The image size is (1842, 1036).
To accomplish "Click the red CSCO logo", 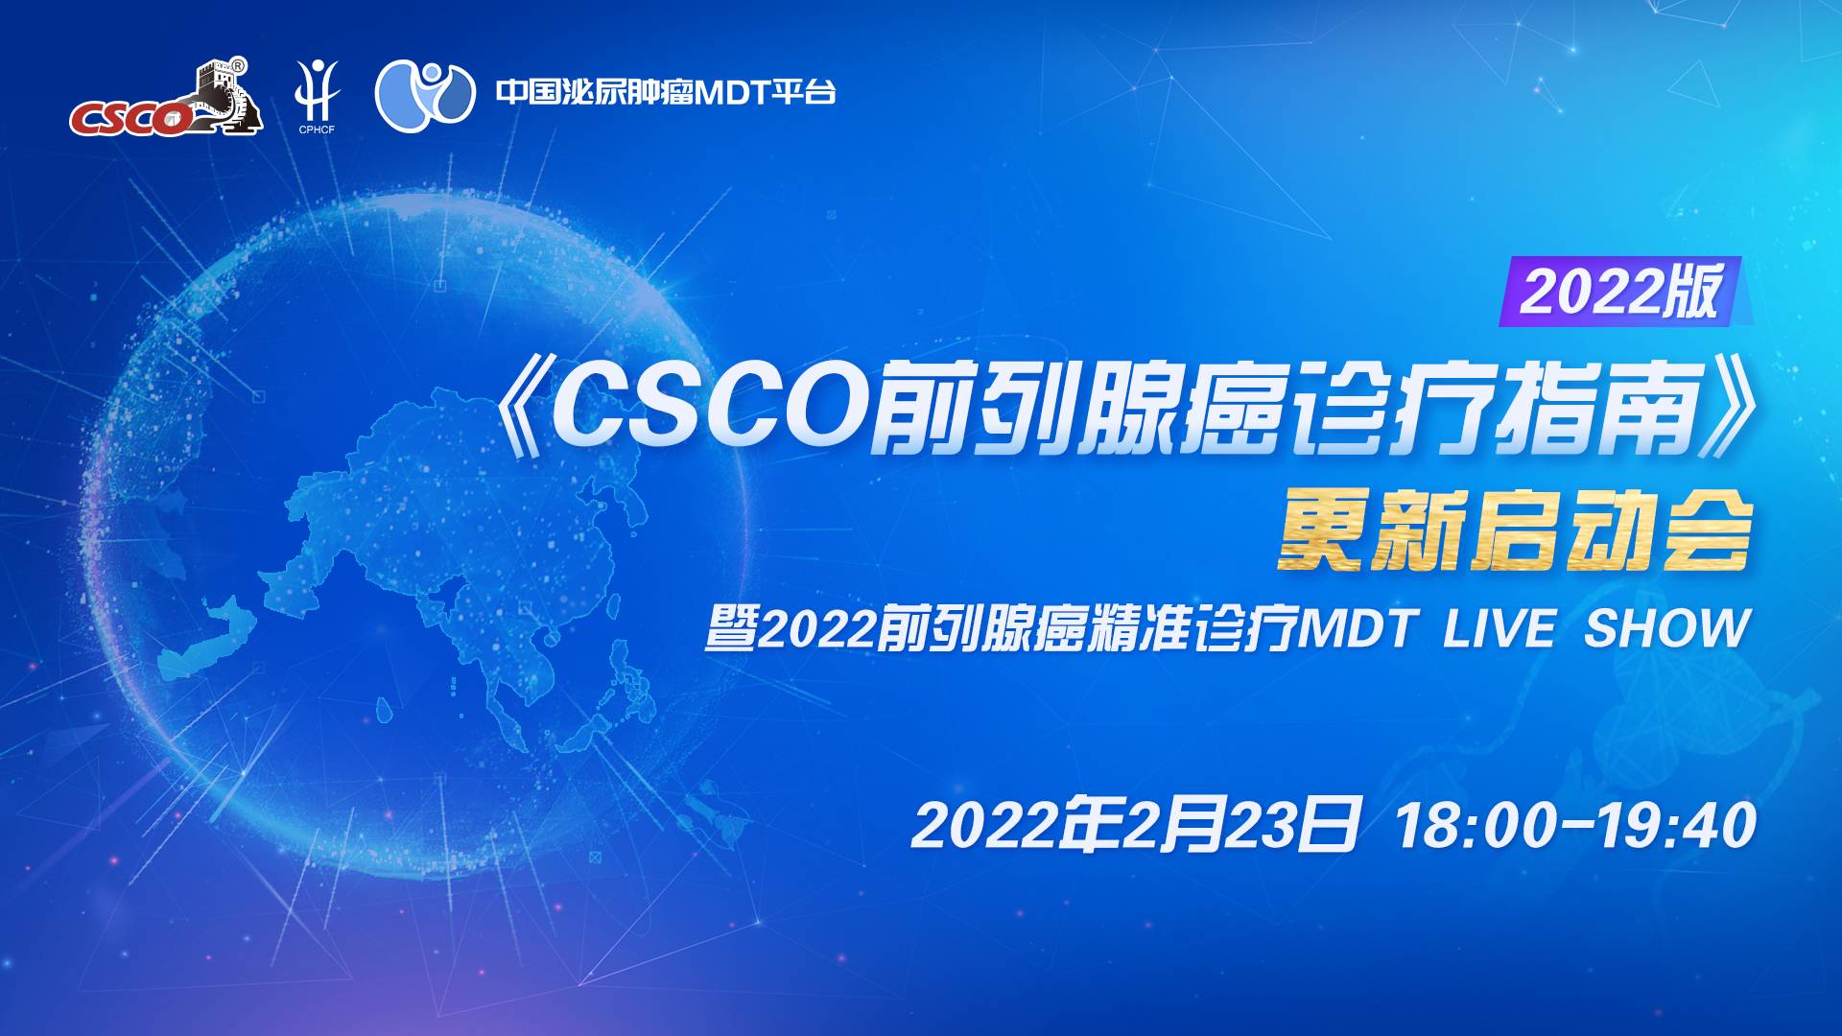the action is pos(165,98).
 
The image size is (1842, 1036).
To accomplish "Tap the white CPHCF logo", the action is pos(317,96).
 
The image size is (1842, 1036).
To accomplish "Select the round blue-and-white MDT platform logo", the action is pos(425,95).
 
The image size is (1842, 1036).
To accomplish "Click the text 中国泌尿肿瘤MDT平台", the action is pos(666,92).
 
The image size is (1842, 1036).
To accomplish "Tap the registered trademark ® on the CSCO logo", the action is pos(239,65).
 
